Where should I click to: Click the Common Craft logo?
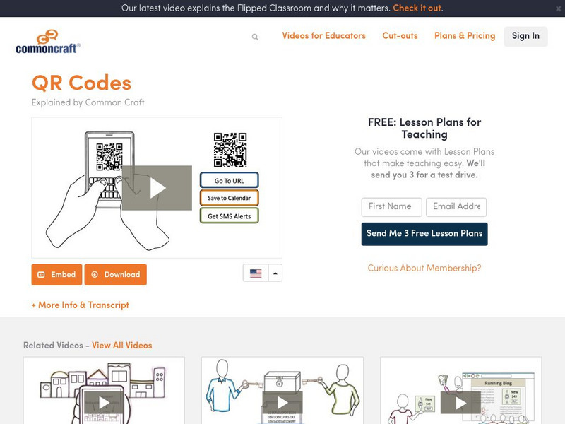point(48,42)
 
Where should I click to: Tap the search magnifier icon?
point(255,37)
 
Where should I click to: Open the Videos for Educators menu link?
point(323,36)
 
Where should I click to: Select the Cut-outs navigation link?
point(400,36)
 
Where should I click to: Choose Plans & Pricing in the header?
point(465,36)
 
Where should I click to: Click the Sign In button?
point(525,36)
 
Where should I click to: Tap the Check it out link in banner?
point(417,8)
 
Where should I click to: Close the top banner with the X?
point(558,8)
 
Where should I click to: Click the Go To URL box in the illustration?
point(229,180)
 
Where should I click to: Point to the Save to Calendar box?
point(229,198)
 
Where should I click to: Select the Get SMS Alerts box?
point(229,216)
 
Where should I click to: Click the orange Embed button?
point(56,274)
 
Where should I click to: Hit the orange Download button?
point(116,274)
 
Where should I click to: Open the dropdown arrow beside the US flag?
point(275,273)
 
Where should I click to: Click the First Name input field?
point(392,207)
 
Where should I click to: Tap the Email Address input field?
point(456,207)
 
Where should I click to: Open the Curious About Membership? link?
point(424,268)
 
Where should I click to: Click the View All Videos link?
point(121,345)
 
